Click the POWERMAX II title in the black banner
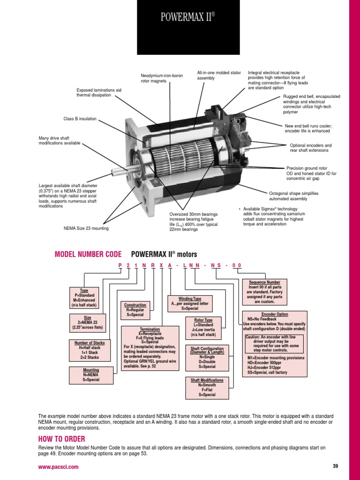coord(187,17)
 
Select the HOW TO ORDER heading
coord(61,439)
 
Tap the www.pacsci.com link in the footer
coord(58,467)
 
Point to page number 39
coord(335,466)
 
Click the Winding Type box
coord(190,304)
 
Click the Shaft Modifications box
coord(207,388)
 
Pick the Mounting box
coord(91,375)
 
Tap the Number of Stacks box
coord(90,350)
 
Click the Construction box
coord(135,310)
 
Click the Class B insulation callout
coord(80,119)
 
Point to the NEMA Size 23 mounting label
coord(86,228)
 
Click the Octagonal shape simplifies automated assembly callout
coord(293,196)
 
